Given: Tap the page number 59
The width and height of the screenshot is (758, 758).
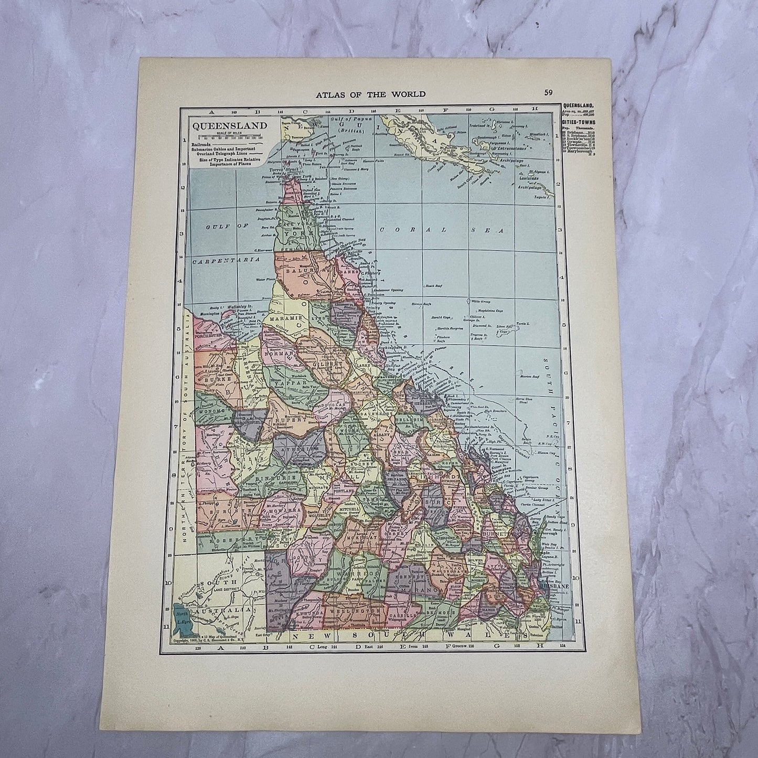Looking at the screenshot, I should [x=548, y=93].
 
